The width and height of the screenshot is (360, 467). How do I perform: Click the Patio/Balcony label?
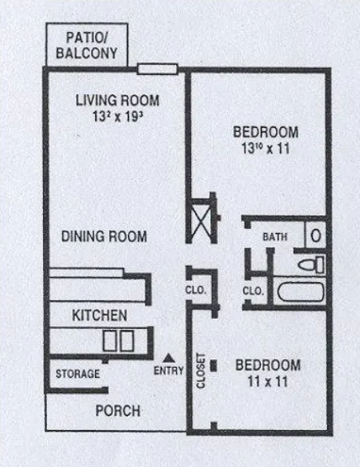87,45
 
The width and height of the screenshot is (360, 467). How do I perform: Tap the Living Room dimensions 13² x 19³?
118,116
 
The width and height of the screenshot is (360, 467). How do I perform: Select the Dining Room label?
104,236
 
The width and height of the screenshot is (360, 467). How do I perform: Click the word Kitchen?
100,316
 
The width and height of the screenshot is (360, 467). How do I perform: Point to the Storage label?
77,374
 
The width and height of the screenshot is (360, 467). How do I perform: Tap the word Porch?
118,411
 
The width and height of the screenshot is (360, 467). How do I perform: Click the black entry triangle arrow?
168,358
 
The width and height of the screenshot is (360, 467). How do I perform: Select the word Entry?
168,371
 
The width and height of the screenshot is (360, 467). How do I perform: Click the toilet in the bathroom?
311,264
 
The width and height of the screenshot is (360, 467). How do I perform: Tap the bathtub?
300,292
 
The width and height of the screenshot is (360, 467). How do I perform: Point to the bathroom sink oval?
315,236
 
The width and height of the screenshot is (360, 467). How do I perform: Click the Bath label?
275,237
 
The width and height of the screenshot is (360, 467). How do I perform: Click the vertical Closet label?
201,371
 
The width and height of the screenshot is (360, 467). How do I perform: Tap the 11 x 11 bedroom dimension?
268,382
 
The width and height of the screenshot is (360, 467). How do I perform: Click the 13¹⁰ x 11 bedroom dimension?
266,149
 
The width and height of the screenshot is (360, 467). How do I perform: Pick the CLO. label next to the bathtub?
253,291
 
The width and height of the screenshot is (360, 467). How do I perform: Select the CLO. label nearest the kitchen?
196,290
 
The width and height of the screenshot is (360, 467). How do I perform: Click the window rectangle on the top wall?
157,69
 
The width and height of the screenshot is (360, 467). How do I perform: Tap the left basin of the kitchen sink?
109,341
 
